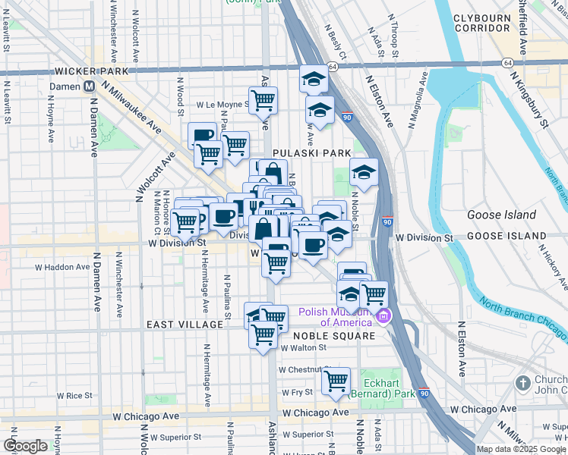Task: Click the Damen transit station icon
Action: point(90,86)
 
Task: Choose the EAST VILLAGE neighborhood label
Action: point(185,325)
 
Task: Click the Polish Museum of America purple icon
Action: point(384,315)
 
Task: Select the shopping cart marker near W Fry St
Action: point(336,381)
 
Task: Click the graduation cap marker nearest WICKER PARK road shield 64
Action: point(313,77)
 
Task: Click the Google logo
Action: point(25,446)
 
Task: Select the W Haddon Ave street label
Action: point(62,267)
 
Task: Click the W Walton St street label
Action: point(303,348)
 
